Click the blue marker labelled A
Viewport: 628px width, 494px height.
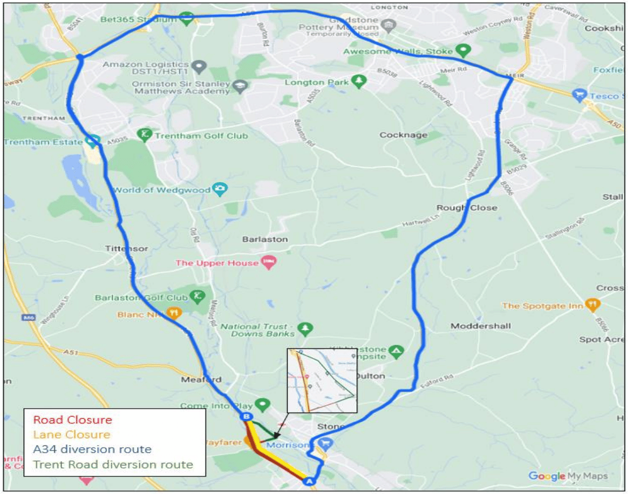[x=308, y=481]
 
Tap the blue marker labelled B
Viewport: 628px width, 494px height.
[x=246, y=417]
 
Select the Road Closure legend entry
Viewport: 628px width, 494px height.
[x=72, y=420]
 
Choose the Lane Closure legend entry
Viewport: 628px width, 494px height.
[x=71, y=435]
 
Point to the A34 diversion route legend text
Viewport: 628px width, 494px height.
[x=92, y=450]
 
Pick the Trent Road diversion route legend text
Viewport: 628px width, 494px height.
[x=113, y=465]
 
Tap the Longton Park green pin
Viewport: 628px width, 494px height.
[x=358, y=81]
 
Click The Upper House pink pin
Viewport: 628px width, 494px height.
[x=269, y=262]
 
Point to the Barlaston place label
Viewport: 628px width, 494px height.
[x=265, y=239]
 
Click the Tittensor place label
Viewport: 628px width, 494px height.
[x=126, y=249]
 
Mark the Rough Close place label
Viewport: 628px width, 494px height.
[x=467, y=207]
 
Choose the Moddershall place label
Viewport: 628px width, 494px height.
[x=481, y=326]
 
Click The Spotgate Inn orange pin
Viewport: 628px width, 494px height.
[x=592, y=305]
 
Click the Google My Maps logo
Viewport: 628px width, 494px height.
[x=567, y=476]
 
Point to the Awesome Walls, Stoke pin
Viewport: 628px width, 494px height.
[x=464, y=50]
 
